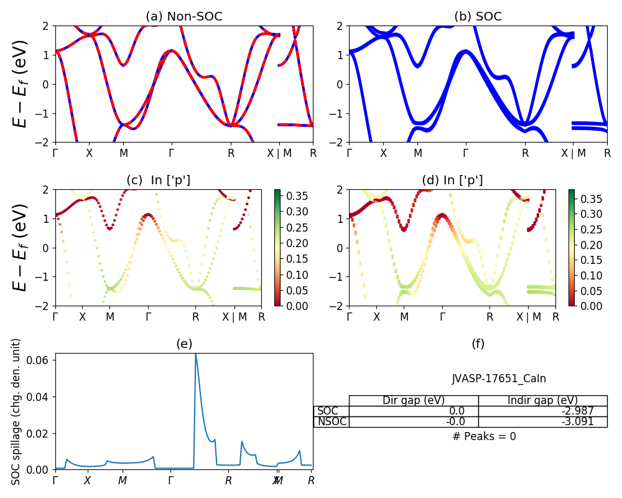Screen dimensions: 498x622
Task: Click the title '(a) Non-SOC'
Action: click(183, 17)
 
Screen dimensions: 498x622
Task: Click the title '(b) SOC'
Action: click(478, 17)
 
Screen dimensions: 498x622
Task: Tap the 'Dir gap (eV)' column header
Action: click(414, 400)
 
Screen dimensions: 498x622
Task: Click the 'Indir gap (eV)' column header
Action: click(542, 400)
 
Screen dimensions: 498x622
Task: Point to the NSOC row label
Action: click(331, 421)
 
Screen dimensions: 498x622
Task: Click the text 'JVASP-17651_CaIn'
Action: click(499, 378)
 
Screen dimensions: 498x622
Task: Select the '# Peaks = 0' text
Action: click(484, 436)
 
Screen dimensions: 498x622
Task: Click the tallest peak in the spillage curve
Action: click(195, 354)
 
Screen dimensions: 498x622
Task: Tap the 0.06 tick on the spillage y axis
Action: click(41, 360)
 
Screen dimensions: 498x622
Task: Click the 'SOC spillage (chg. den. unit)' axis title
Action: click(17, 411)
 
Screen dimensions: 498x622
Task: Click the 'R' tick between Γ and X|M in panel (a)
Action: click(231, 153)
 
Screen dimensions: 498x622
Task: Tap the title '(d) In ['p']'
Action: click(452, 181)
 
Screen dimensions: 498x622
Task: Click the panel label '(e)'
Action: click(184, 344)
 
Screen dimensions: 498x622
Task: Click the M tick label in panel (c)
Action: click(110, 317)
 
